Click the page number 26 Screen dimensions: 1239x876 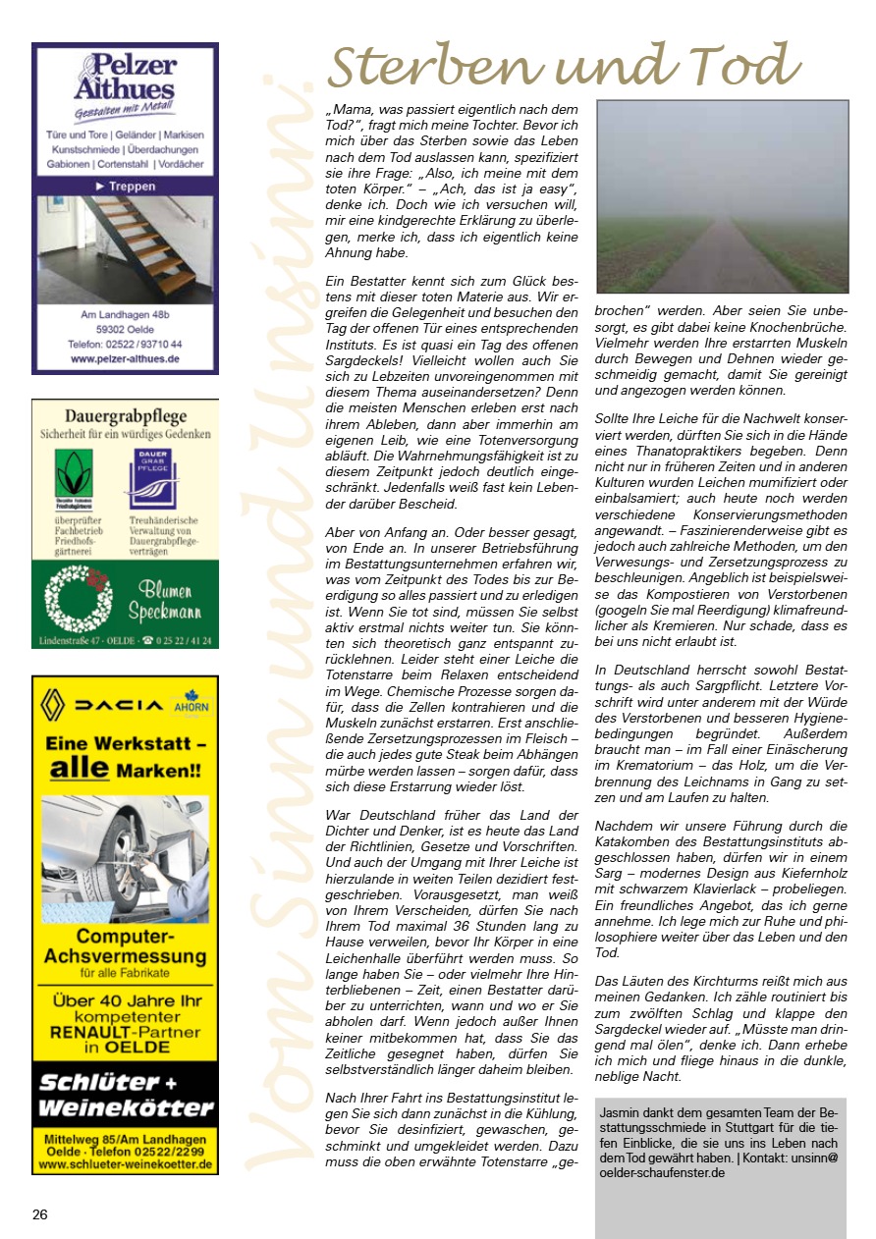tap(39, 1214)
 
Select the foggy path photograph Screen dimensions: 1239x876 tap(722, 196)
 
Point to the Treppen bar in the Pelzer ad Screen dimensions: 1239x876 tap(125, 186)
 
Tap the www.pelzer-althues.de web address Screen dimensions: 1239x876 tap(125, 359)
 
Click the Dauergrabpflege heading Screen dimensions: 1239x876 tap(125, 416)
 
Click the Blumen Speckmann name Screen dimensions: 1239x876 tap(164, 601)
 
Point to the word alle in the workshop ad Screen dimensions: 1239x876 tap(79, 769)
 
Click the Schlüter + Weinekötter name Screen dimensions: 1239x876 tap(125, 1096)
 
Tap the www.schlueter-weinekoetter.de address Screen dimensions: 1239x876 tap(125, 1164)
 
